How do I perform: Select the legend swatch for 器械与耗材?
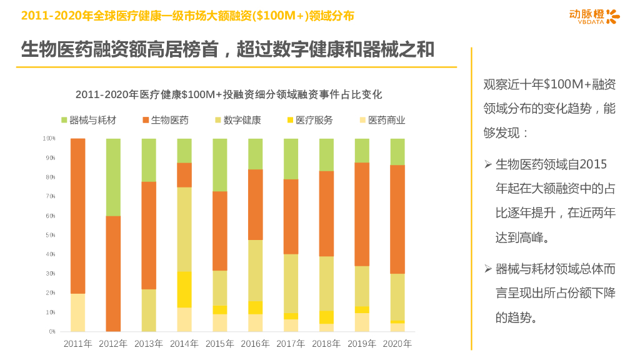64,120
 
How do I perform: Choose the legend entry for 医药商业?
382,120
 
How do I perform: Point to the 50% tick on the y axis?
49,235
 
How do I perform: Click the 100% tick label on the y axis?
49,138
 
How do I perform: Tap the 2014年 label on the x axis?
184,343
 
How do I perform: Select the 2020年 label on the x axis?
397,343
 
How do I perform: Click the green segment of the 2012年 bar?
113,177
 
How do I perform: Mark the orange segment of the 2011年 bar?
77,216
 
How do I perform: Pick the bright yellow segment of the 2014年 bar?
184,289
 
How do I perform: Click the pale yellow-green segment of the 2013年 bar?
149,310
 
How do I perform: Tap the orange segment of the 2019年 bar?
362,214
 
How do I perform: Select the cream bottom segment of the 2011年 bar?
77,312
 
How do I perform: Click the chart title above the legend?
229,95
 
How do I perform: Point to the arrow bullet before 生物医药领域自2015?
488,164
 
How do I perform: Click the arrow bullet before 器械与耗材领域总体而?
488,269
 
